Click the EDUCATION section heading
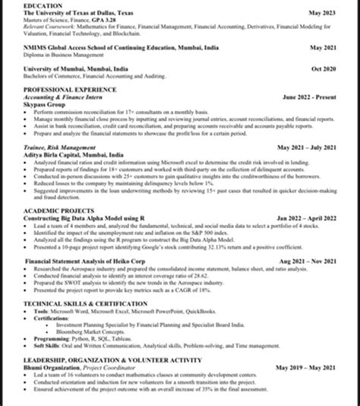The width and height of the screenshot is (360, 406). [43, 5]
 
